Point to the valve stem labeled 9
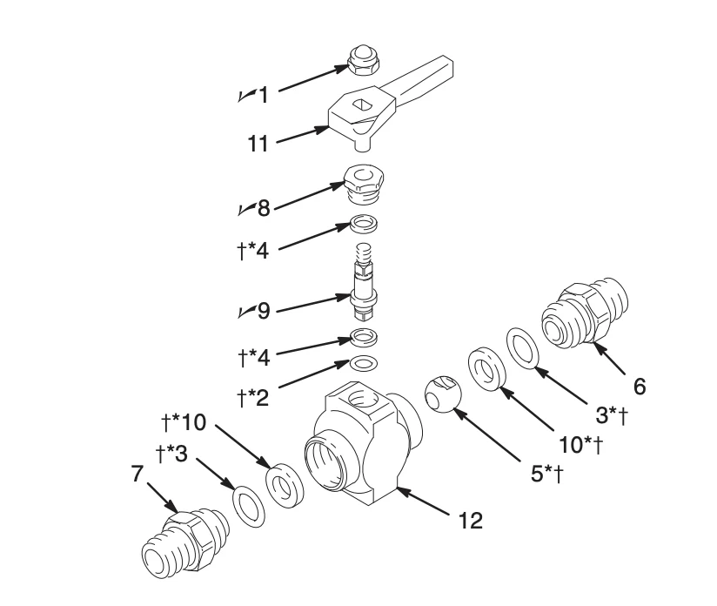click(x=365, y=284)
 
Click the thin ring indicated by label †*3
click(x=250, y=507)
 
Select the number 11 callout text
click(x=258, y=143)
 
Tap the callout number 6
click(x=640, y=385)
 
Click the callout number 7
click(x=137, y=475)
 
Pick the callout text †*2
click(x=252, y=398)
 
